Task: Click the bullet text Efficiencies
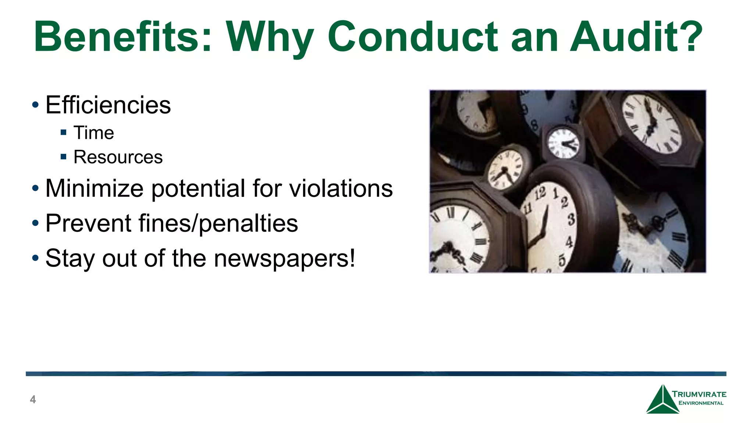[108, 105]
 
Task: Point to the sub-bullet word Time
[94, 133]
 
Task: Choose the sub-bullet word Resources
[118, 158]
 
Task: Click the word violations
[341, 189]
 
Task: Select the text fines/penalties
[218, 224]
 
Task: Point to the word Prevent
[89, 224]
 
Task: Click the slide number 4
[33, 399]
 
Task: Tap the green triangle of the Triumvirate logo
[662, 402]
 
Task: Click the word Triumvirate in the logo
[699, 394]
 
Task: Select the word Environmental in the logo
[701, 403]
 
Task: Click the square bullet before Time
[64, 133]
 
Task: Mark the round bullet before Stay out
[35, 258]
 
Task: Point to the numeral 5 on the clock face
[562, 260]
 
